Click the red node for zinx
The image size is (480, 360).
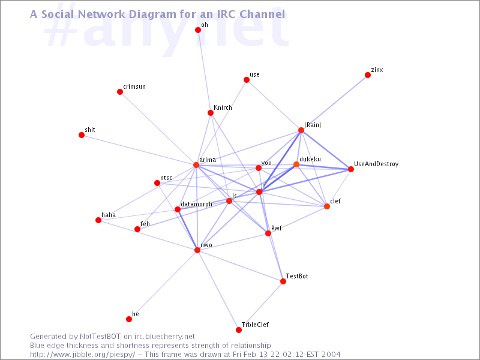point(368,75)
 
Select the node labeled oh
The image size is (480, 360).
point(198,30)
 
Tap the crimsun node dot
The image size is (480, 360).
point(120,92)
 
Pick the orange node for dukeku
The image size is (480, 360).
point(296,164)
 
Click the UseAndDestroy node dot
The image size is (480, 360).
point(351,169)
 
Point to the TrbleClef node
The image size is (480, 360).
point(239,329)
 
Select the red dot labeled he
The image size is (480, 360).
point(129,319)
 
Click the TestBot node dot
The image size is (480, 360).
point(283,281)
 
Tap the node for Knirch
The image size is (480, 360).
point(211,113)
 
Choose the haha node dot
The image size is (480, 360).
point(98,220)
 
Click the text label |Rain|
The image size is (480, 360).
point(313,125)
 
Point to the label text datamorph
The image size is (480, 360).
point(197,204)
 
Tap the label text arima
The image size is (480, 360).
point(208,160)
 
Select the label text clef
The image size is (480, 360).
point(335,201)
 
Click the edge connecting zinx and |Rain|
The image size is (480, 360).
point(334,103)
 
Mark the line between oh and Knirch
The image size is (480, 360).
point(204,71)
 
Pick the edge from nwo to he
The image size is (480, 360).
point(163,284)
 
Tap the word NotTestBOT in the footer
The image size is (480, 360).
point(100,337)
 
